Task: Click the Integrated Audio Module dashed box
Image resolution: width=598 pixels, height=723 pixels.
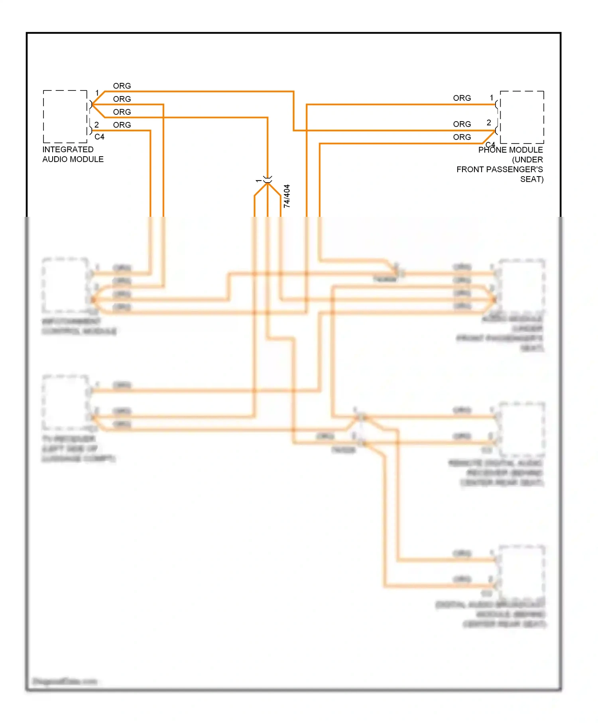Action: click(65, 116)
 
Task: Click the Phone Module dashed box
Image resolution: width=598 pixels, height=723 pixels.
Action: click(522, 117)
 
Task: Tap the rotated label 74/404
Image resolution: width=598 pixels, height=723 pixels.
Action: click(287, 196)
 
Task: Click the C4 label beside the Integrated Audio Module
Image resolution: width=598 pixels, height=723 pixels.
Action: click(99, 137)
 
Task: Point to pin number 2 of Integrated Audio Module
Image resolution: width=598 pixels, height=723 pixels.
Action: click(96, 125)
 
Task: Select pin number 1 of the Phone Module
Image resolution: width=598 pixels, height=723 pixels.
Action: click(492, 98)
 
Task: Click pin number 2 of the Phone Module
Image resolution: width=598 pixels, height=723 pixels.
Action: click(489, 123)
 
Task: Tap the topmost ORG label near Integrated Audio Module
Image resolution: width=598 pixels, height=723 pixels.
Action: click(122, 86)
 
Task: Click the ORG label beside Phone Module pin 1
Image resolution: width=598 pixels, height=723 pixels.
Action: click(462, 98)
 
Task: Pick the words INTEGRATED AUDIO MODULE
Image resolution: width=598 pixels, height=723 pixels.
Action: click(73, 154)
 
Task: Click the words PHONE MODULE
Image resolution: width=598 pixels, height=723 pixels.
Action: click(510, 150)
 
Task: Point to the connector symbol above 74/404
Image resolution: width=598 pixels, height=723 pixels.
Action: click(268, 180)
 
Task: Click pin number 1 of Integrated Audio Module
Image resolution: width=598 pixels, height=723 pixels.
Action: click(97, 93)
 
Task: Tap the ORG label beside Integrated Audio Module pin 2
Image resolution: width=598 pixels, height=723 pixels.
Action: click(122, 125)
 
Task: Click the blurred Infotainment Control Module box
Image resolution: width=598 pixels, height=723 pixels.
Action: click(65, 285)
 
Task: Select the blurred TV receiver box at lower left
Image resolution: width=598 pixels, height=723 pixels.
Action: click(65, 402)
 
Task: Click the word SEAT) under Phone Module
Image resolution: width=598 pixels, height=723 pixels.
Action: click(531, 179)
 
